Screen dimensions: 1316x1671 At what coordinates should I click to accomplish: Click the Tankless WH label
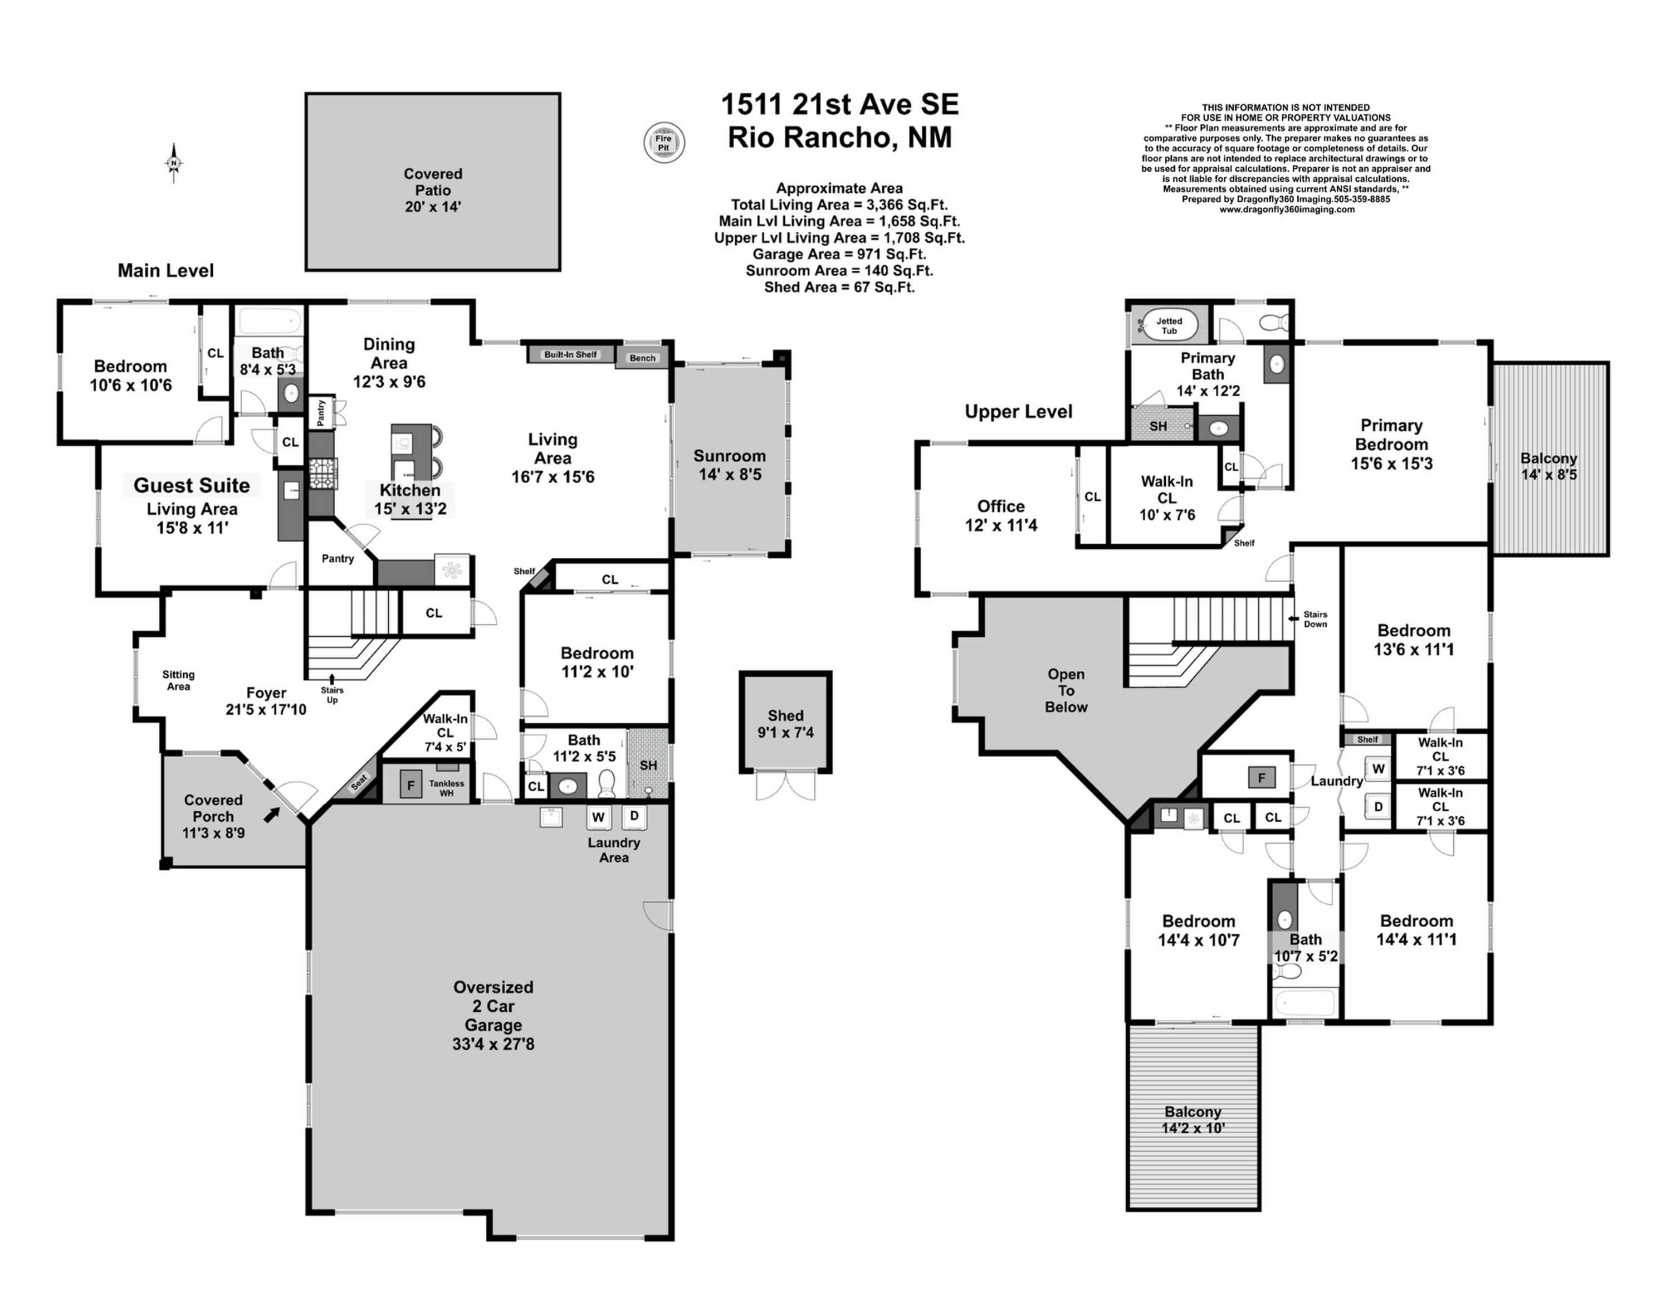pyautogui.click(x=446, y=787)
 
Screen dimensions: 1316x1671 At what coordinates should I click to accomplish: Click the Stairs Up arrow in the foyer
pyautogui.click(x=332, y=679)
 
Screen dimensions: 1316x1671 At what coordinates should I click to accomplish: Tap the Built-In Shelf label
pyautogui.click(x=570, y=354)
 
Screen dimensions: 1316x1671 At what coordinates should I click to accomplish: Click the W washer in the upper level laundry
pyautogui.click(x=1378, y=768)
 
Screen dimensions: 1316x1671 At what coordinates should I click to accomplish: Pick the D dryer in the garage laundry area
pyautogui.click(x=634, y=816)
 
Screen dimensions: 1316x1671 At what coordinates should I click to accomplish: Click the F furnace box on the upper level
pyautogui.click(x=1261, y=777)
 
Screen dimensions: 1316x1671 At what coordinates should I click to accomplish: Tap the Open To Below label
pyautogui.click(x=1066, y=690)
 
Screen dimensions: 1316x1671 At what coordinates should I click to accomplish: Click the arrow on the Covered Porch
pyautogui.click(x=272, y=815)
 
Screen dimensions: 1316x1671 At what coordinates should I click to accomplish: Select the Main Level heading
pyautogui.click(x=165, y=270)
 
